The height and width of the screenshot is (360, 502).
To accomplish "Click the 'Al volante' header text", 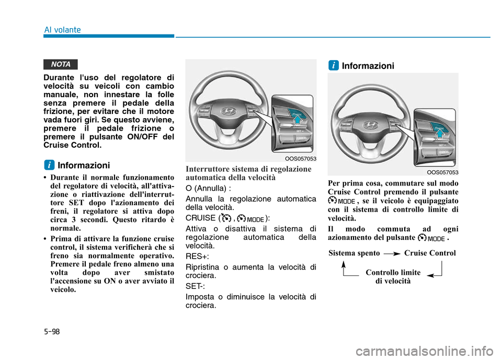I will point(62,30).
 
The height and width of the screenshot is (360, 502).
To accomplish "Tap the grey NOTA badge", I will point(61,64).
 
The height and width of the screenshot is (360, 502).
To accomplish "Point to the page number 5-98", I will point(53,331).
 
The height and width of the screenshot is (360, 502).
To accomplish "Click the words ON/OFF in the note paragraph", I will point(138,137).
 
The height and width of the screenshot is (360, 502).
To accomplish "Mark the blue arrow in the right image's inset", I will point(439,133).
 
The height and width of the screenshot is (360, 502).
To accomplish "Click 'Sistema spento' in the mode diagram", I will point(353,253).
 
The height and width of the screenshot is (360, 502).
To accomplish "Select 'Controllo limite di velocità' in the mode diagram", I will point(393,276).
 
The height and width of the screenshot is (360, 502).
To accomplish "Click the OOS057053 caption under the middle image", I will point(301,158).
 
